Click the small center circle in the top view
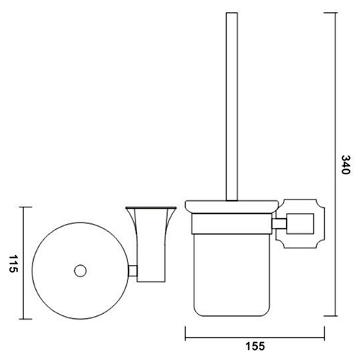click(80, 271)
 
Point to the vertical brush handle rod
click(231, 108)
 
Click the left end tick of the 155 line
click(186, 333)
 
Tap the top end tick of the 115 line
click(27, 207)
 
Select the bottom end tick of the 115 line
click(27, 320)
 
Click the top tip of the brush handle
click(231, 14)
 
